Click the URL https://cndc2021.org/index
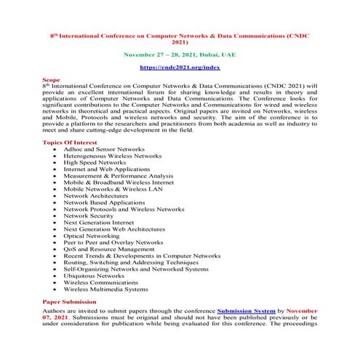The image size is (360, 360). point(179,66)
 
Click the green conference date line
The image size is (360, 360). point(179,54)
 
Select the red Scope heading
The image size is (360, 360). point(52,79)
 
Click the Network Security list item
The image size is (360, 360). point(88,215)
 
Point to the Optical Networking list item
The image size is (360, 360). point(92,236)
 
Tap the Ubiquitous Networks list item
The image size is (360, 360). point(94,276)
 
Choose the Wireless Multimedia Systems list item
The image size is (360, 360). point(105,289)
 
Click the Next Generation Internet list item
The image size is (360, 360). point(99,223)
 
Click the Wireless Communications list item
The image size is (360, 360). point(100,282)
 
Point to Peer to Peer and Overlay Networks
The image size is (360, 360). point(113,242)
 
